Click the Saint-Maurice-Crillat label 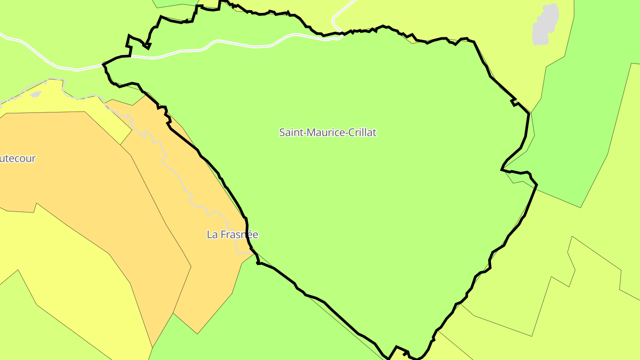328,132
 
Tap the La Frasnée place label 232,234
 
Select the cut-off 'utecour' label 18,158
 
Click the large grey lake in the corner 545,24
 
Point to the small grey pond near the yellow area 35,94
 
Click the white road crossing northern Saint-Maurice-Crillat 240,45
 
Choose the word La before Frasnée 212,234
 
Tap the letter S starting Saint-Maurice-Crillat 282,132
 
